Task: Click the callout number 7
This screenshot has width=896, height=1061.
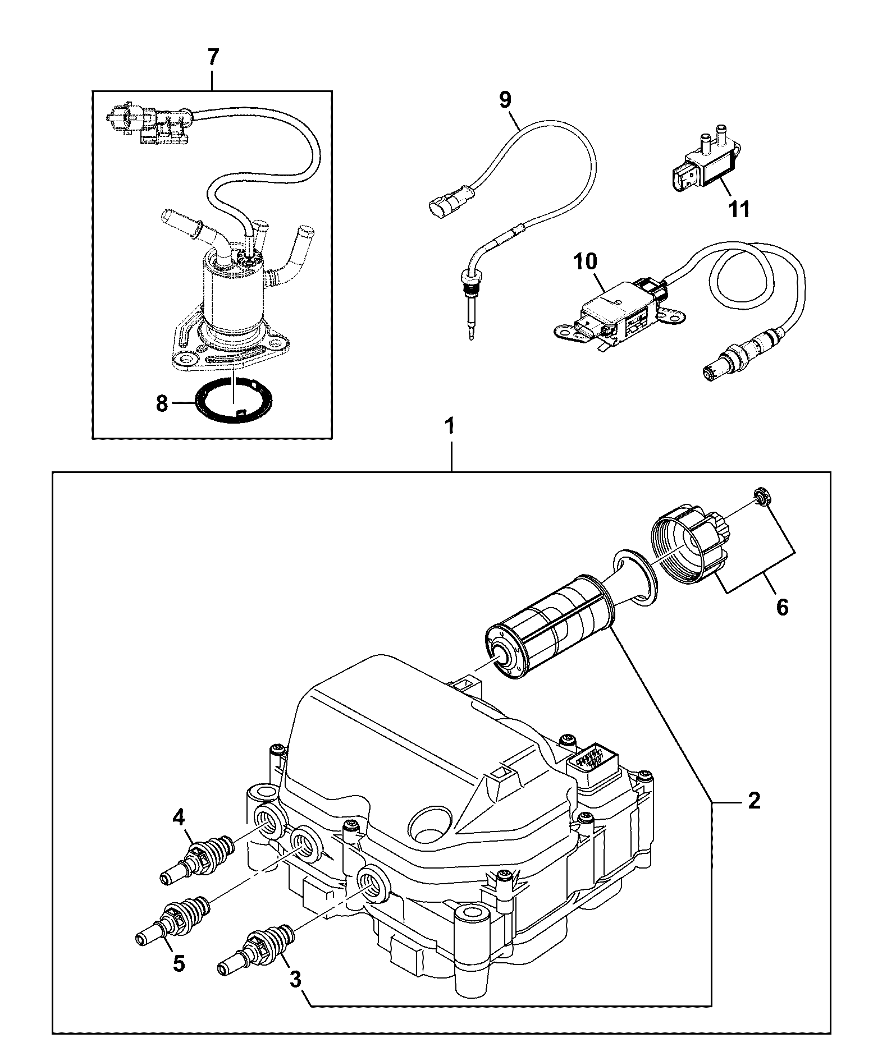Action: [x=213, y=58]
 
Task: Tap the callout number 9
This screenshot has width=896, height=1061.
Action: [x=505, y=100]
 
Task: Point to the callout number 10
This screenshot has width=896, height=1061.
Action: [x=586, y=261]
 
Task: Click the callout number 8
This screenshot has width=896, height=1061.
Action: [x=162, y=403]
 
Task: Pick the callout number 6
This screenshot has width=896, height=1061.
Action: [x=782, y=607]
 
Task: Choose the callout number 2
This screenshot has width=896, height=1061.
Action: [x=754, y=800]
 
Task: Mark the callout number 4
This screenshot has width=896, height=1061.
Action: [x=179, y=819]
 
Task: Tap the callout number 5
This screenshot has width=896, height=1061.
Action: [x=179, y=963]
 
